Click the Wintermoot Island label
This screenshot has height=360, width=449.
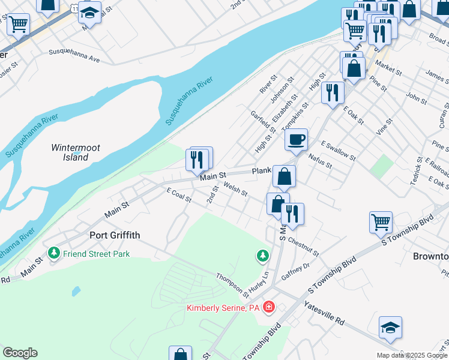click(75, 152)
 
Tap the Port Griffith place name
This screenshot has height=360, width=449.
click(115, 235)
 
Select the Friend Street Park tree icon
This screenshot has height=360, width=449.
click(55, 254)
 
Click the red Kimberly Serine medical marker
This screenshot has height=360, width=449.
click(269, 308)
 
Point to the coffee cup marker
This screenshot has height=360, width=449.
click(296, 141)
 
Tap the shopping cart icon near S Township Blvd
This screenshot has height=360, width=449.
click(381, 223)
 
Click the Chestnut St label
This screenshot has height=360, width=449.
click(303, 245)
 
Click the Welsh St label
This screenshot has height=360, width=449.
click(235, 190)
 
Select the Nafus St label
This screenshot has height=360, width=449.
click(320, 160)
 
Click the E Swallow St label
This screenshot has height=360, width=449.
click(339, 149)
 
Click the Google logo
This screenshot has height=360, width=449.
click(20, 353)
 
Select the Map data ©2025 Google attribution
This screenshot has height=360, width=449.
click(411, 355)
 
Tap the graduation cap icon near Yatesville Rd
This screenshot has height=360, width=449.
click(390, 328)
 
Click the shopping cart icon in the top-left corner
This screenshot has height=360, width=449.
click(19, 25)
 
